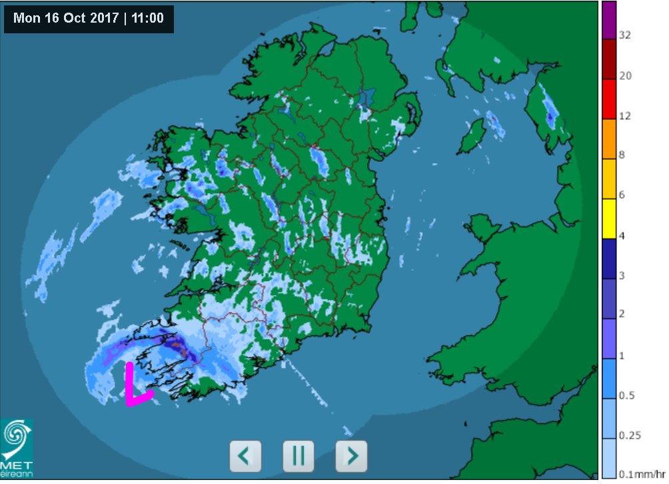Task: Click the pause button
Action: click(x=298, y=456)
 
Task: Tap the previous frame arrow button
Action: click(x=245, y=456)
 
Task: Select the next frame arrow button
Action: click(x=351, y=456)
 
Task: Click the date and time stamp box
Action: click(x=89, y=18)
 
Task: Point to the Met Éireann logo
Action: click(x=16, y=447)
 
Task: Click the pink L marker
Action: click(x=136, y=385)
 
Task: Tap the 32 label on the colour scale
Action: click(x=625, y=35)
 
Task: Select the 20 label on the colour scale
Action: click(x=625, y=75)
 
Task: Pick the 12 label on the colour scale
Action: click(x=625, y=116)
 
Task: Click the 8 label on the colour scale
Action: click(x=622, y=155)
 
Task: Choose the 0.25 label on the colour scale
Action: click(x=629, y=435)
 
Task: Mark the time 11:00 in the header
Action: click(x=148, y=18)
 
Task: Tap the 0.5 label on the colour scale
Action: click(x=626, y=395)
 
